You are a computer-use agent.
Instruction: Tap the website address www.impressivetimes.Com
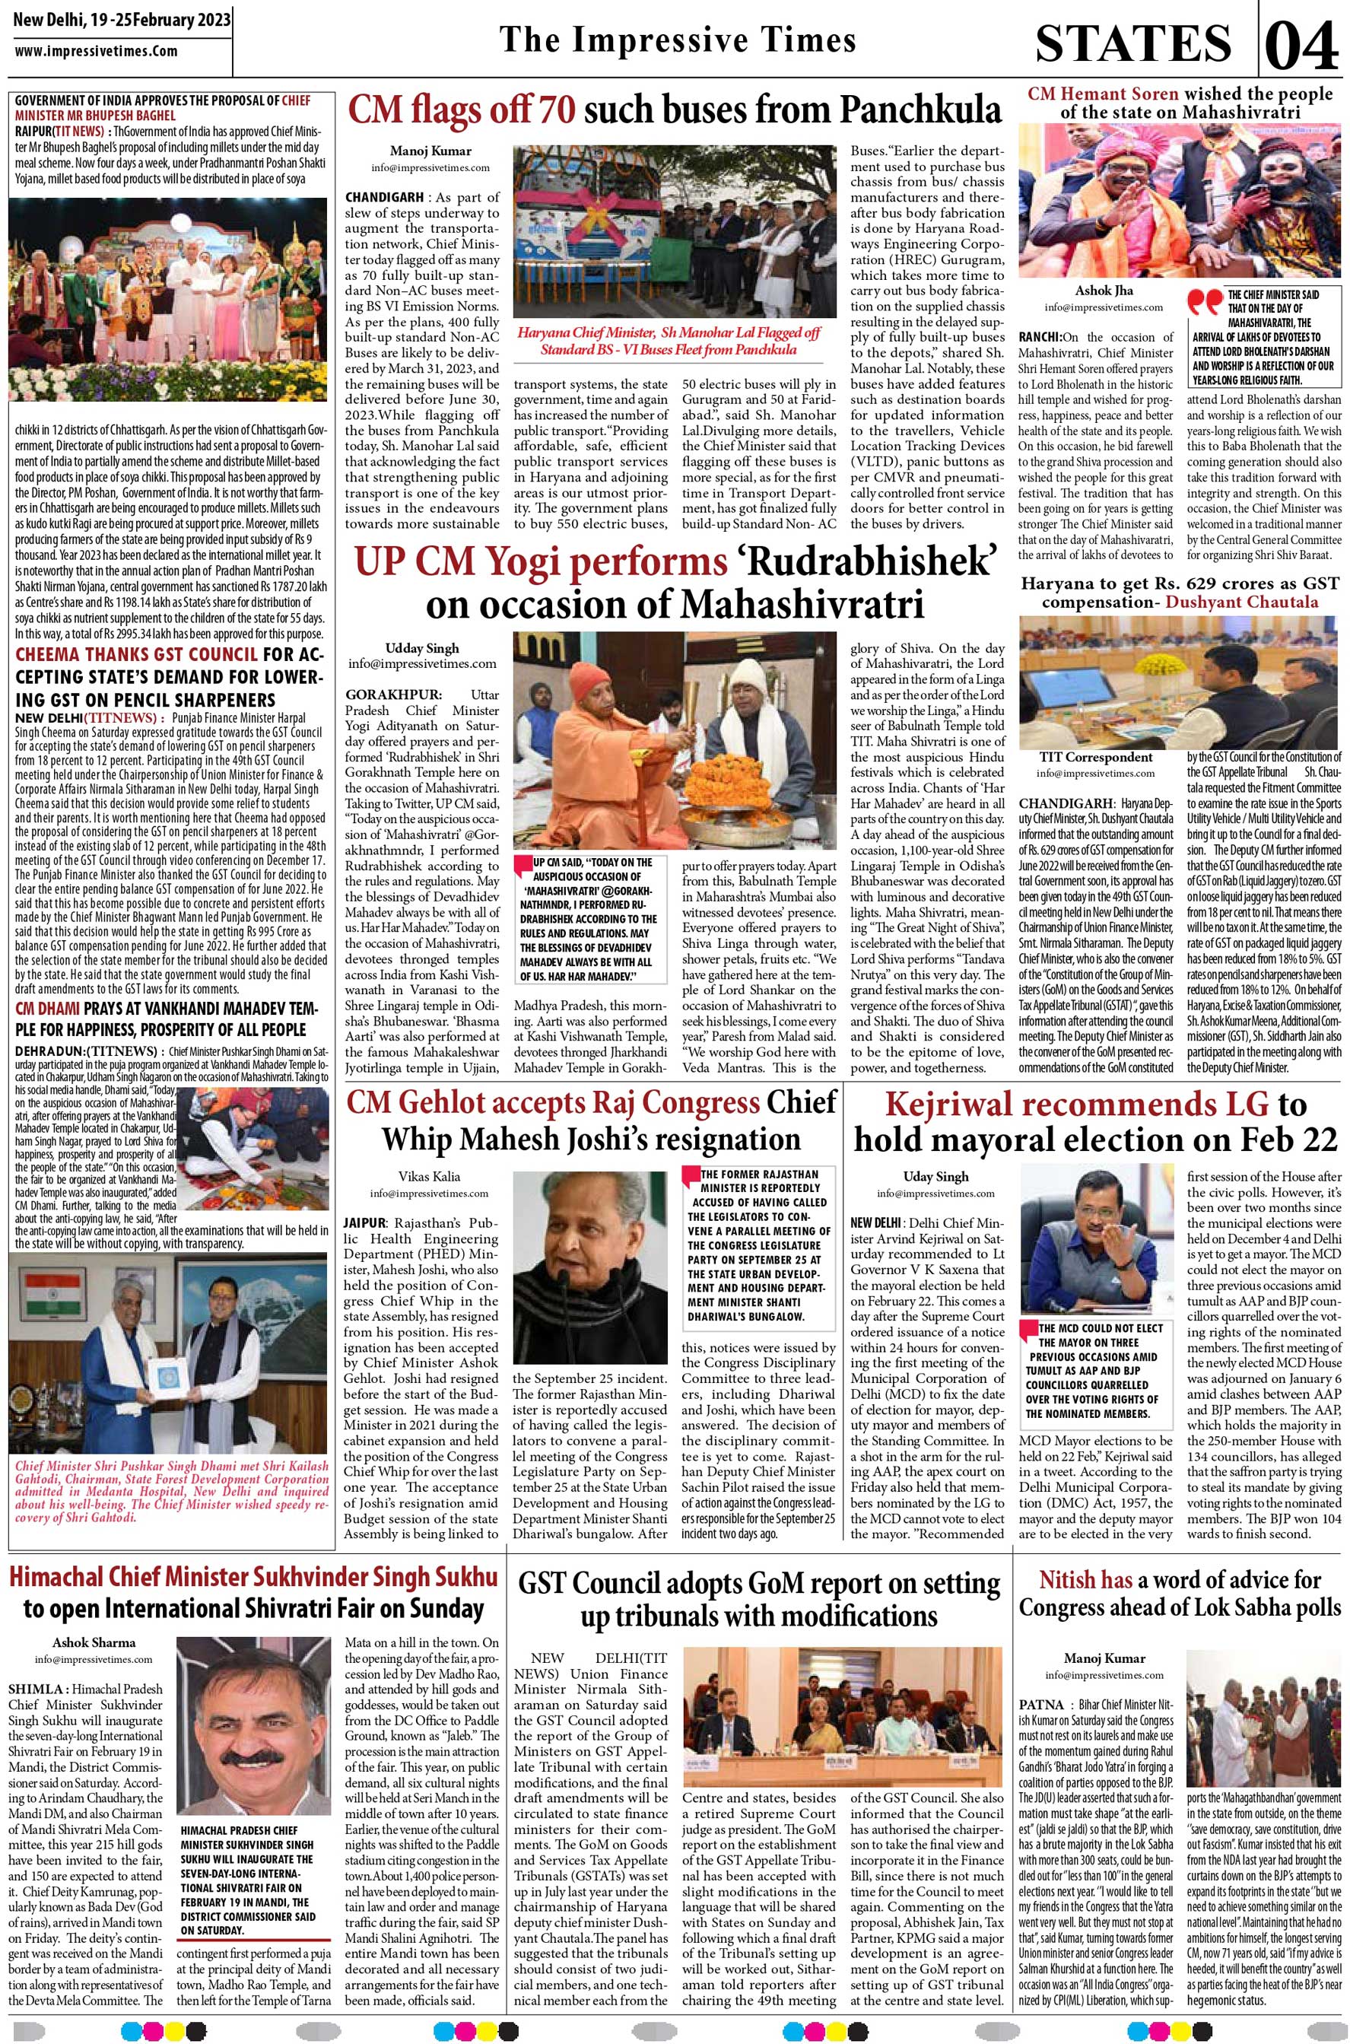(97, 51)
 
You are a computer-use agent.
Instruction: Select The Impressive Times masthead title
(678, 40)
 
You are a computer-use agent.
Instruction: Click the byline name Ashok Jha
(1103, 291)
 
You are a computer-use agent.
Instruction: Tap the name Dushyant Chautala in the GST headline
(1241, 602)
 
